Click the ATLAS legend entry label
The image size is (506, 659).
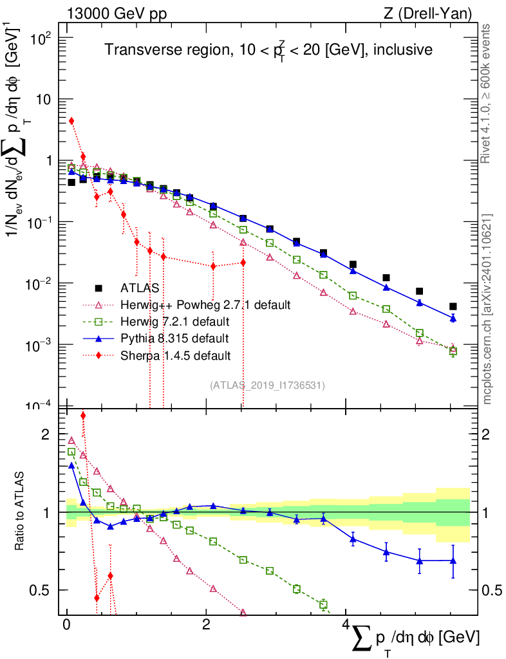[x=138, y=288]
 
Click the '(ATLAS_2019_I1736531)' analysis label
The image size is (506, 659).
[x=267, y=385]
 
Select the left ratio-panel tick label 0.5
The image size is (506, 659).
[x=41, y=590]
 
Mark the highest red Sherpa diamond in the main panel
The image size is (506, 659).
[x=71, y=121]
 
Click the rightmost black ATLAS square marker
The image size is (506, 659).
[x=453, y=306]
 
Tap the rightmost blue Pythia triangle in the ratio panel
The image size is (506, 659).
[x=453, y=561]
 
